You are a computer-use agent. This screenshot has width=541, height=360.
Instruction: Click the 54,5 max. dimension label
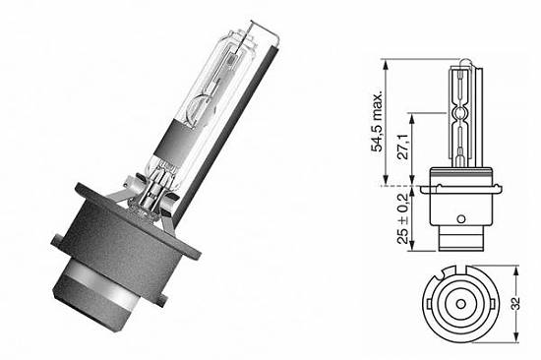point(376,122)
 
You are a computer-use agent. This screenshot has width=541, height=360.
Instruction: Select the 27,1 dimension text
point(403,147)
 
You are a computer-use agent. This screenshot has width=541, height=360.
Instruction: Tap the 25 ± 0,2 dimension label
point(403,218)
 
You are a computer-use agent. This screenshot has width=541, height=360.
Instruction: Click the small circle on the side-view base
point(461,218)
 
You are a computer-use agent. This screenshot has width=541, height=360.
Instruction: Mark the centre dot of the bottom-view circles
point(460,304)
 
